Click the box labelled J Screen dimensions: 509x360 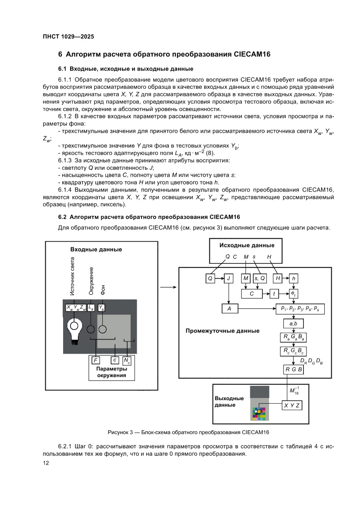pos(229,278)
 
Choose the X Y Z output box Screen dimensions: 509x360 pos(292,405)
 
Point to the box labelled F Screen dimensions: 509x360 pos(95,361)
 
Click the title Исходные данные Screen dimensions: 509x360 pos(247,245)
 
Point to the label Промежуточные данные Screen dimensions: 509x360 pos(222,331)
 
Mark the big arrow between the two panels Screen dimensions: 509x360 pos(168,287)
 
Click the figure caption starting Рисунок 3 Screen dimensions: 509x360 pos(188,432)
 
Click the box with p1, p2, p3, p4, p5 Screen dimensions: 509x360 pos(300,309)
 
